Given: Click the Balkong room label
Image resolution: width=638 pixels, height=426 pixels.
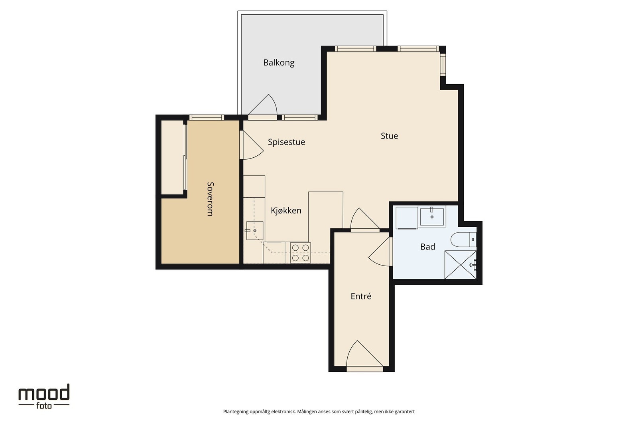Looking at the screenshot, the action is click(x=279, y=63).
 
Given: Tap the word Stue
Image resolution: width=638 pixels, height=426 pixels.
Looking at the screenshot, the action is click(x=389, y=136).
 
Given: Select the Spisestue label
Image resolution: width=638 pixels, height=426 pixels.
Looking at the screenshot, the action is click(x=286, y=142).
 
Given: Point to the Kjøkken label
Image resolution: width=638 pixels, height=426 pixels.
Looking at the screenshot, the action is click(x=286, y=210).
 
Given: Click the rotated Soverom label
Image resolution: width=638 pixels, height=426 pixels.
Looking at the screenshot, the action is click(x=210, y=199).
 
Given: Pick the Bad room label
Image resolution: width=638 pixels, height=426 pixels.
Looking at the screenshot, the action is click(x=427, y=247).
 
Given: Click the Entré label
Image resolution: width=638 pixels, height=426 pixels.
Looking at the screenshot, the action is click(x=361, y=296).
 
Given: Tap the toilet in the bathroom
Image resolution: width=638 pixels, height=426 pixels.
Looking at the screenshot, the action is click(x=463, y=240).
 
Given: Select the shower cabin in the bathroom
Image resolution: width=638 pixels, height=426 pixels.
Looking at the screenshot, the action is click(x=461, y=265).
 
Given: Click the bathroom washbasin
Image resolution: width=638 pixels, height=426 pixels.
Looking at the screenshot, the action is click(x=432, y=217).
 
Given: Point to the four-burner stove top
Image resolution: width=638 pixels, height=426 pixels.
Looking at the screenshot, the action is click(x=301, y=253).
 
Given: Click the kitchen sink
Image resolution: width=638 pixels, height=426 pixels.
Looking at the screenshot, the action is click(x=255, y=231).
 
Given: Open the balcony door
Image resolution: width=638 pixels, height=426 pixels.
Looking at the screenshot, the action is click(x=262, y=107).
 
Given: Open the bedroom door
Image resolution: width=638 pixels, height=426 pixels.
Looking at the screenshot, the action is click(x=251, y=145).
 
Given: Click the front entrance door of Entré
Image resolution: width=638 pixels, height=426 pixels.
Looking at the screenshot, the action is click(x=364, y=356).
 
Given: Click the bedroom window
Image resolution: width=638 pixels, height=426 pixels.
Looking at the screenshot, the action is click(x=207, y=117).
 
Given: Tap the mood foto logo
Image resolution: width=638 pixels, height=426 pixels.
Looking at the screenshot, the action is click(x=44, y=396).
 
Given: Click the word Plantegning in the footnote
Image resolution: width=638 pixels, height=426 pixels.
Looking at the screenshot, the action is click(x=236, y=412).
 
